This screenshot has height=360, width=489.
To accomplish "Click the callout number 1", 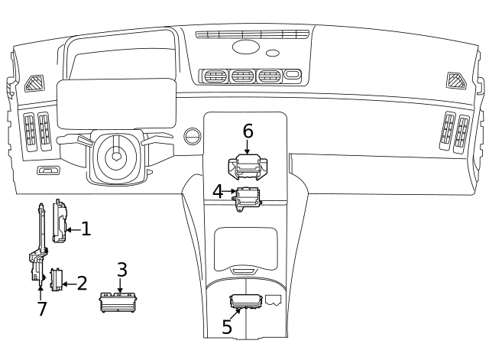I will tap(86, 228).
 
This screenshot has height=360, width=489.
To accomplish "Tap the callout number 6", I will tap(248, 131).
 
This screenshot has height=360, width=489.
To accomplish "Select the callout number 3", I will tap(121, 269).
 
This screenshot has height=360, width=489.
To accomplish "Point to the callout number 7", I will tap(42, 308).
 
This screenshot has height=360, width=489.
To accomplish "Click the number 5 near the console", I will tap(227, 326).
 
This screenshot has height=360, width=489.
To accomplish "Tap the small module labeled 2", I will tap(55, 281).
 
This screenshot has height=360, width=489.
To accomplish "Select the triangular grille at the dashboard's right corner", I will tap(456, 80).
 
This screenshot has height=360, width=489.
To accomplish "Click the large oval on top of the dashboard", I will tap(245, 48).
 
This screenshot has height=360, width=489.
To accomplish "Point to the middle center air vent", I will tap(242, 76).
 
